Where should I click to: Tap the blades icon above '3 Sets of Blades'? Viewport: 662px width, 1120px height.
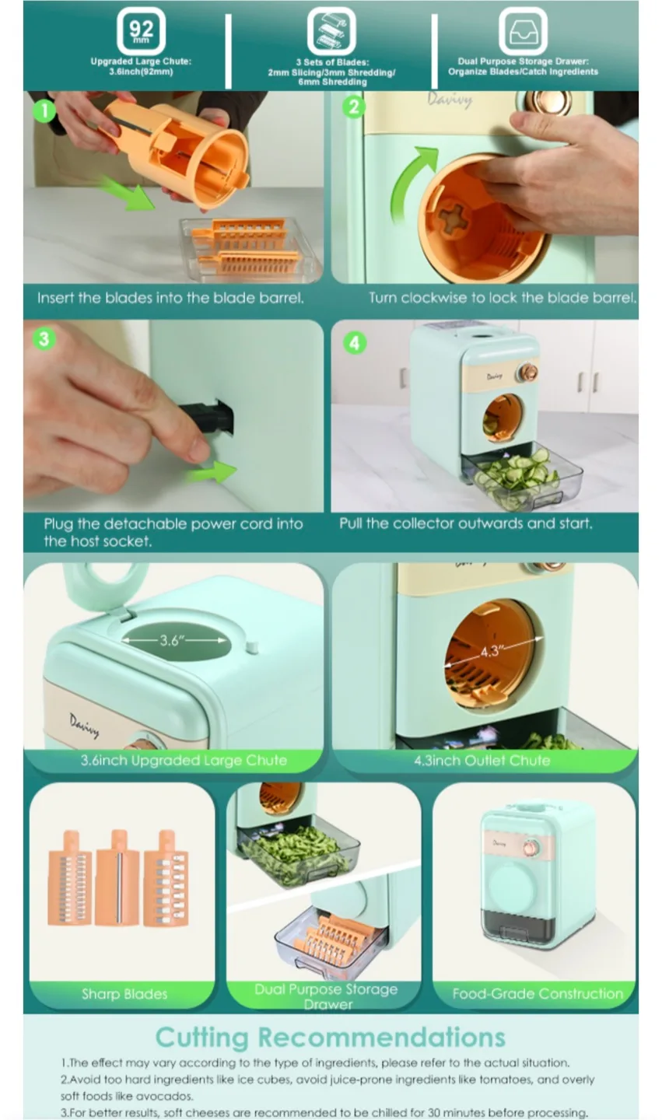click(331, 33)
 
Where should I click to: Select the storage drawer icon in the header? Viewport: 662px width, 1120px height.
click(523, 33)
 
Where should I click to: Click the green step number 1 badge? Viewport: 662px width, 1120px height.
click(45, 111)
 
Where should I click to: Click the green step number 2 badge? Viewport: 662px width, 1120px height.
click(354, 107)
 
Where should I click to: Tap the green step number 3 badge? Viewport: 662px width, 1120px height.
click(44, 339)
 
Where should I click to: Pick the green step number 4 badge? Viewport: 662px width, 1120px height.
click(355, 342)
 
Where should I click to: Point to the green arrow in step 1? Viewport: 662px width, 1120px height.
click(128, 194)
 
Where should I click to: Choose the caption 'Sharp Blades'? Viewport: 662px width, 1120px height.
click(124, 993)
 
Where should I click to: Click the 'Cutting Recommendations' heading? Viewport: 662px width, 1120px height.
click(330, 1037)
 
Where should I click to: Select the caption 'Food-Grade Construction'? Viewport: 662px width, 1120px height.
click(538, 993)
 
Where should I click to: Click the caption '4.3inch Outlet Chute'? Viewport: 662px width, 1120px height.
click(482, 760)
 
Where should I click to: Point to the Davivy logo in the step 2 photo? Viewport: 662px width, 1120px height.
click(450, 100)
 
